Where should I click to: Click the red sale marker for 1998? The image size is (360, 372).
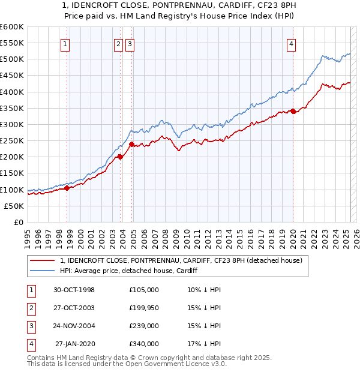point(67,188)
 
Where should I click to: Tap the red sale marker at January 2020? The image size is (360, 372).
point(293,111)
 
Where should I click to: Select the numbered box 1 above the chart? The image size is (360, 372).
point(65,43)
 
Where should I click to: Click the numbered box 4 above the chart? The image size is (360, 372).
point(290,43)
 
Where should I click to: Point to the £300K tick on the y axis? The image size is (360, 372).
point(11,124)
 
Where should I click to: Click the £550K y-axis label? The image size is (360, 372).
point(11,43)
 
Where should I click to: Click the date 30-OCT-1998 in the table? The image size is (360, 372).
point(74,290)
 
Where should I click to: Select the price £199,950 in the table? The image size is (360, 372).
point(144,308)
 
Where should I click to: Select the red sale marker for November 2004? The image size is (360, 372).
point(131,144)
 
